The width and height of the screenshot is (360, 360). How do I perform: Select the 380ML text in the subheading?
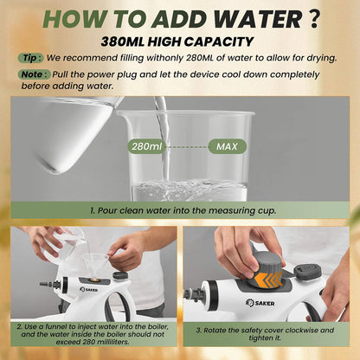coord(123,42)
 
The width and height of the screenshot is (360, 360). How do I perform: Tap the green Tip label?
coord(31,58)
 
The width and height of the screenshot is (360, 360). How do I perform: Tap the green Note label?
coord(35,74)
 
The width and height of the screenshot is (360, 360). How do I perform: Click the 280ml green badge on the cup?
coord(147,146)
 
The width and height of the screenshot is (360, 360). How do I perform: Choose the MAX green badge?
coord(228,146)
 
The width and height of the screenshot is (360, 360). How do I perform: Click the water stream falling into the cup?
coord(163,138)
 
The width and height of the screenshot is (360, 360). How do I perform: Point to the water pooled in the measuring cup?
coord(190,190)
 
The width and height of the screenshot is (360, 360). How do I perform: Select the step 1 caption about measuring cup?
coord(183,210)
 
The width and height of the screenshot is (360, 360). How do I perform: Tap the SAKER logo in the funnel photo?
coord(89,289)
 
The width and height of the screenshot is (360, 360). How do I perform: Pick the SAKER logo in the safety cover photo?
coord(260,303)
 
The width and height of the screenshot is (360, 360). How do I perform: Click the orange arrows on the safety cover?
coord(268,280)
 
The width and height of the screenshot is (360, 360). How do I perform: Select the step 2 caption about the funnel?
coord(93,334)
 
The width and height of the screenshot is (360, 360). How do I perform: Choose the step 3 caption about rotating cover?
coord(265,334)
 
